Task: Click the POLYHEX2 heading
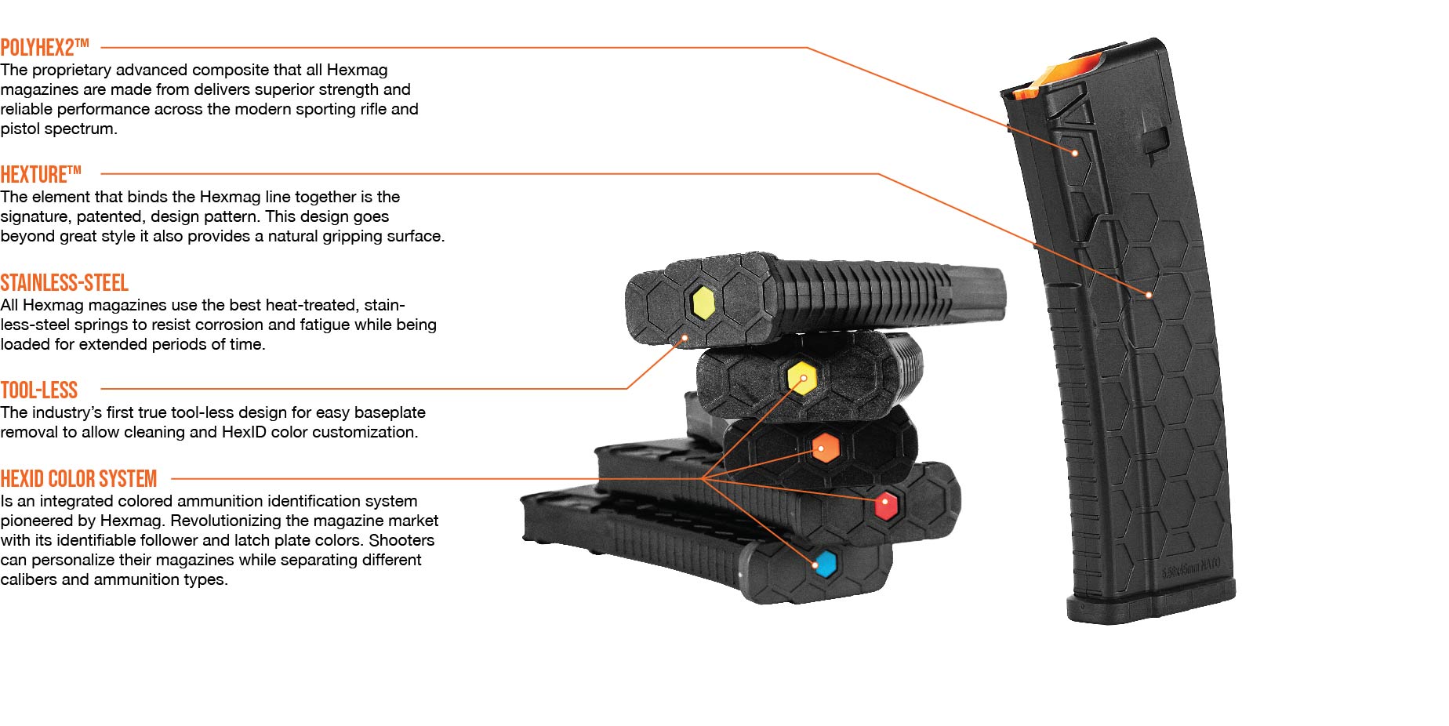(44, 48)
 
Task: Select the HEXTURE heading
(41, 174)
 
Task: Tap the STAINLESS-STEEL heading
(64, 283)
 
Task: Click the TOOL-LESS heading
(39, 390)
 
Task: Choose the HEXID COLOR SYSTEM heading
(78, 479)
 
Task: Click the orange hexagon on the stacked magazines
(825, 448)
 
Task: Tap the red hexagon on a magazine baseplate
(886, 504)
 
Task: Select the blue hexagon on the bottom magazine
(825, 564)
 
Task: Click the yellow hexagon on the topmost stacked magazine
(703, 302)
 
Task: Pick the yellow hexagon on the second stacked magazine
(801, 377)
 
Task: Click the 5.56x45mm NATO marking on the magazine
(1190, 568)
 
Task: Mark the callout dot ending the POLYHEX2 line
(1075, 153)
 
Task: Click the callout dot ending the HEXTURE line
(1149, 295)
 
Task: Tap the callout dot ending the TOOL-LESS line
(685, 339)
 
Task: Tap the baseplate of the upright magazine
(1150, 606)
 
